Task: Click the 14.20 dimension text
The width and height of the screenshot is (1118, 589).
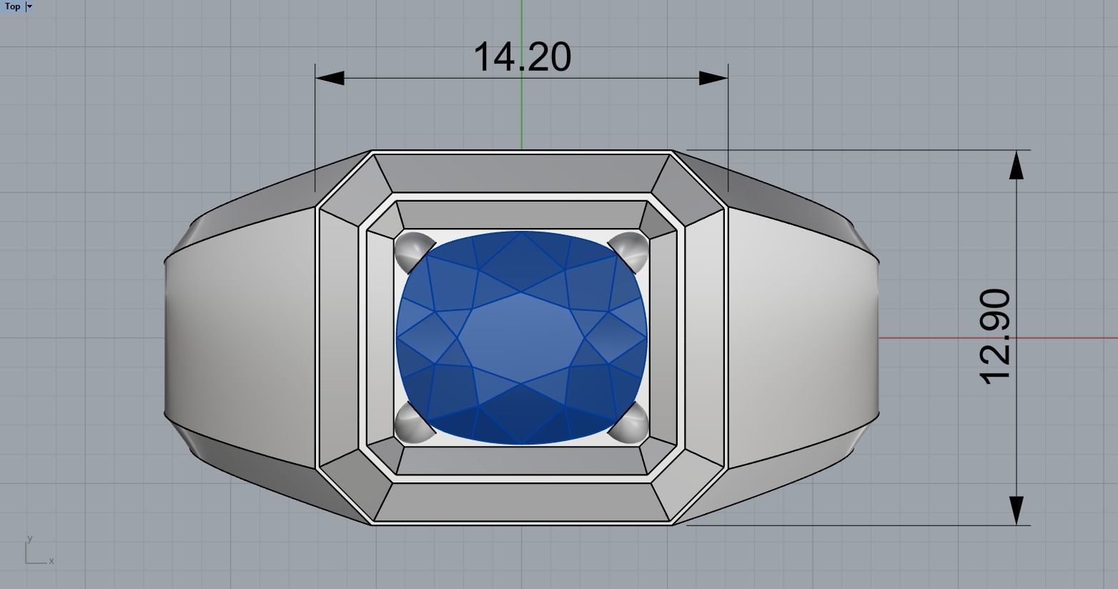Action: [522, 57]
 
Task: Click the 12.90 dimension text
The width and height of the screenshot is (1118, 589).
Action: [996, 337]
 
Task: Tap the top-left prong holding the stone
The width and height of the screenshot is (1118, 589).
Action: [411, 247]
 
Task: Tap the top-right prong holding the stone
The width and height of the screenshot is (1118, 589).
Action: [633, 247]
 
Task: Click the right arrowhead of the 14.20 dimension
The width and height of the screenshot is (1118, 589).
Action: [713, 78]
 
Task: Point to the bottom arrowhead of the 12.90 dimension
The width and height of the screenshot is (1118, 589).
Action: [1016, 511]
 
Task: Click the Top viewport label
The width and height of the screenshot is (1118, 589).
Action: [13, 6]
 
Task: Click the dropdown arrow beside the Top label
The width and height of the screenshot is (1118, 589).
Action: [29, 6]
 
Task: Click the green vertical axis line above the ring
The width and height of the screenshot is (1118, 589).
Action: [522, 107]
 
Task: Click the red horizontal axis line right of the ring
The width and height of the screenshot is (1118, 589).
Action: [1001, 338]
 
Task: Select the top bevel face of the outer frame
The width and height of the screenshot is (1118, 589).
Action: [522, 172]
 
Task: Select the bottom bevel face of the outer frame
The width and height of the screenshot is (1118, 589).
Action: [522, 503]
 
